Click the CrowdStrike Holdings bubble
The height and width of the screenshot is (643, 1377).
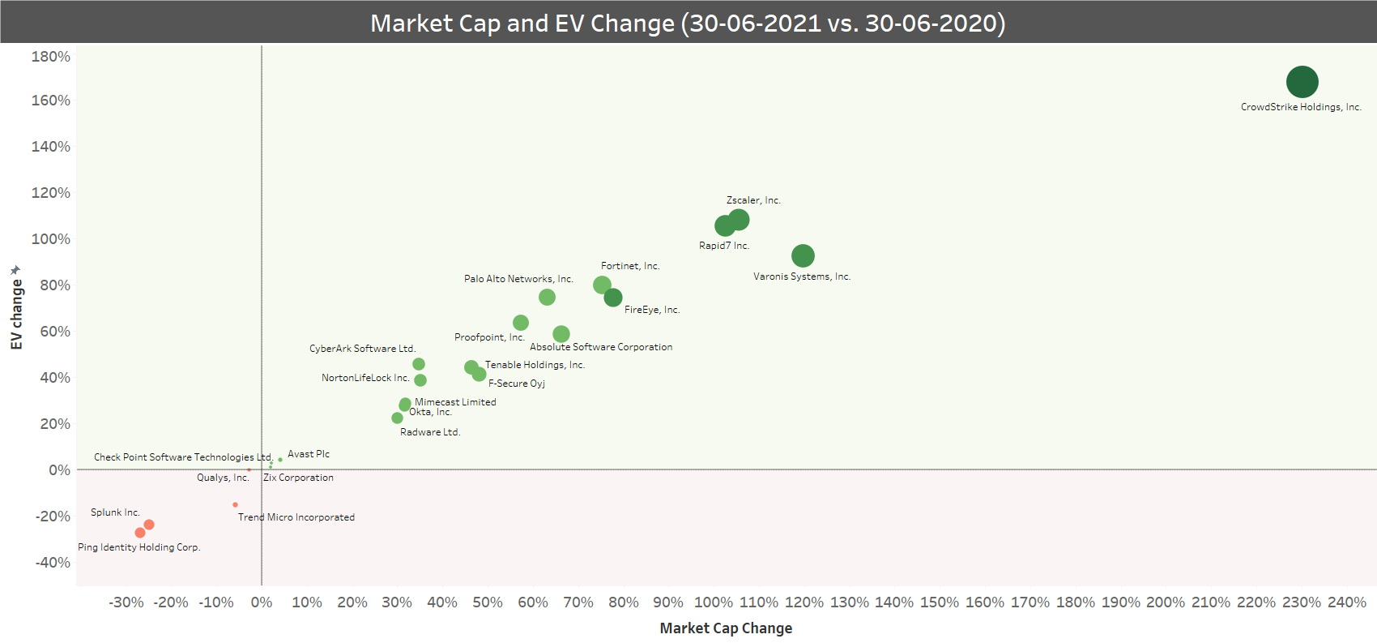1302,82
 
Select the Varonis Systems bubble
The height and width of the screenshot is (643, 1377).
802,256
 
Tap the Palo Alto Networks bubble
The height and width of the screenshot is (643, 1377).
547,298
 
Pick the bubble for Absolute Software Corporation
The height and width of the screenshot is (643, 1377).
561,334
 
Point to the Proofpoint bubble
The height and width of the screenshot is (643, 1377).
521,323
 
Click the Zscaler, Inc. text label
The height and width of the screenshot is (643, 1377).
753,200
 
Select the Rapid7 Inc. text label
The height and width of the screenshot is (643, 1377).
724,246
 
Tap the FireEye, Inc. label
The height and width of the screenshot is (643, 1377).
652,310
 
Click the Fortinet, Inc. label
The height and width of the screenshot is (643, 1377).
630,266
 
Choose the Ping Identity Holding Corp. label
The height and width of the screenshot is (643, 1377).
139,547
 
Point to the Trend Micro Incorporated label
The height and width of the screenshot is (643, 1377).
296,517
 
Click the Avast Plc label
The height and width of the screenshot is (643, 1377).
309,454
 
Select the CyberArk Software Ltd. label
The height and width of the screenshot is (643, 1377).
362,349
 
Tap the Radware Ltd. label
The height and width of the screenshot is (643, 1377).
430,432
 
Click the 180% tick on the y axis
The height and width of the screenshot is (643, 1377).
51,57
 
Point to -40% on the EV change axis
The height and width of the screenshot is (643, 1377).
53,563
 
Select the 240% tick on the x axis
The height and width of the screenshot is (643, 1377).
1346,602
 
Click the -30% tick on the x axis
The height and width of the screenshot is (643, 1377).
126,602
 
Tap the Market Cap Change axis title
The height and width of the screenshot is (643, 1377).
726,628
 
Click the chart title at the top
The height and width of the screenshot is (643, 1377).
688,23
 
